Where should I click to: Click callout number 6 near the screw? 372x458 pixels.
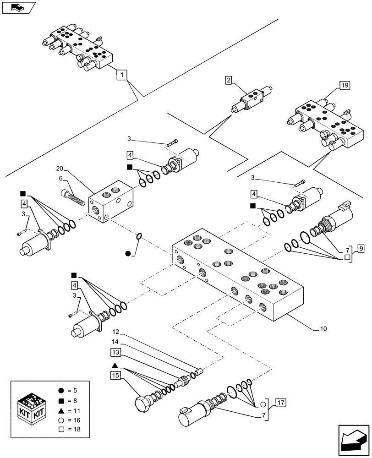click(x=60, y=179)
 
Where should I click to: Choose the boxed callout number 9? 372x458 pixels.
click(x=361, y=249)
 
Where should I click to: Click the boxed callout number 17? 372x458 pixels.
click(x=280, y=403)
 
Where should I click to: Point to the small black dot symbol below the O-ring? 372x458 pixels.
click(x=128, y=253)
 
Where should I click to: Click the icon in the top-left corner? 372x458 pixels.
click(x=18, y=8)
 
